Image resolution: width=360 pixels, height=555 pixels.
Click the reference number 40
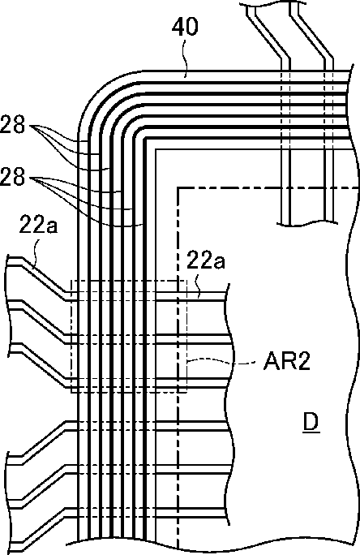click(x=185, y=28)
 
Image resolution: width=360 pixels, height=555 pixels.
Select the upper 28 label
click(x=12, y=125)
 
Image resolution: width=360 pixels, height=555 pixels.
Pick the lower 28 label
click(x=12, y=178)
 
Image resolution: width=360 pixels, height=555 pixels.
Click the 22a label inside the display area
click(x=206, y=261)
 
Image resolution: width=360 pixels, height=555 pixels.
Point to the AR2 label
click(x=286, y=362)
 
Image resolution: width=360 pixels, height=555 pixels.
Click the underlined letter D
click(x=311, y=422)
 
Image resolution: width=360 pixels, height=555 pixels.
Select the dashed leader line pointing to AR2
click(x=221, y=361)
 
